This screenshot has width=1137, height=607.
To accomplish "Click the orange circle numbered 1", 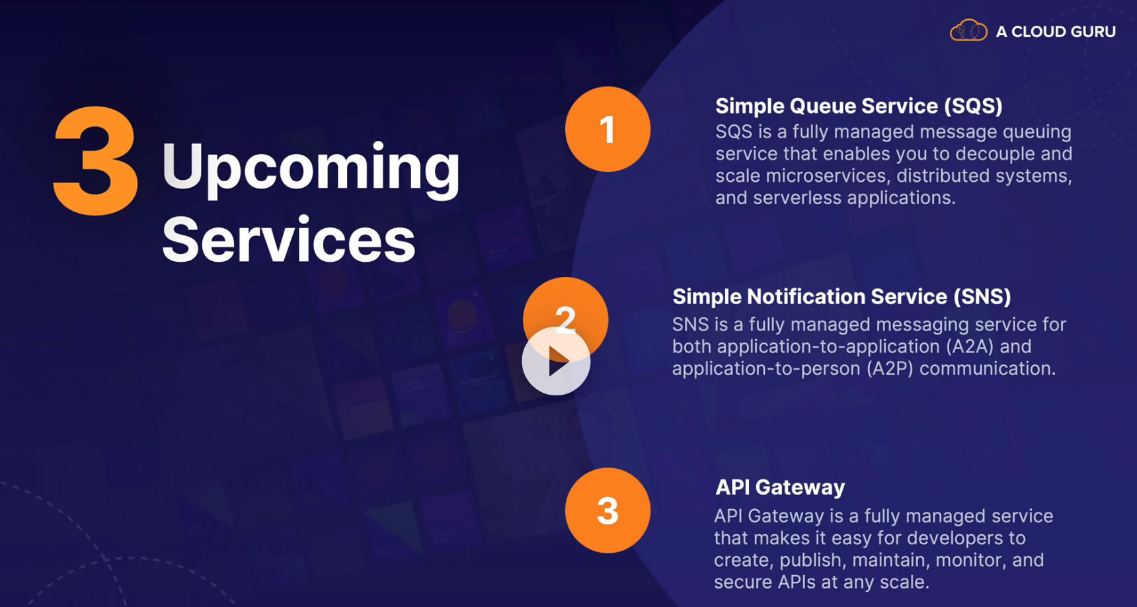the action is tap(608, 129).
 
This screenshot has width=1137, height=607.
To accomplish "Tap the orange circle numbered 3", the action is tap(608, 510).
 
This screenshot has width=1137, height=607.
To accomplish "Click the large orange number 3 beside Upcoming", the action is tap(96, 161).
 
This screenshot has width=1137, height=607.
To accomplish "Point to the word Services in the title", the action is tap(289, 239).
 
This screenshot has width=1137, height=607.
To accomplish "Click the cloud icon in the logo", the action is tap(968, 30).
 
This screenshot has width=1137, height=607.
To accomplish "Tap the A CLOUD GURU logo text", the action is tap(1056, 32).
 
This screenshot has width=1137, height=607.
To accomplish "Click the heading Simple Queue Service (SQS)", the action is tap(859, 106).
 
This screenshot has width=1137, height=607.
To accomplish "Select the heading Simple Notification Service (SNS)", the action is tap(842, 297).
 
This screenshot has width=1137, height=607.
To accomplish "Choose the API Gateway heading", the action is tap(780, 487).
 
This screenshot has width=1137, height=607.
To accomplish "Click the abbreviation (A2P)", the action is tap(882, 368).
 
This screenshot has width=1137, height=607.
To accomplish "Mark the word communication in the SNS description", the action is tap(988, 368).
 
